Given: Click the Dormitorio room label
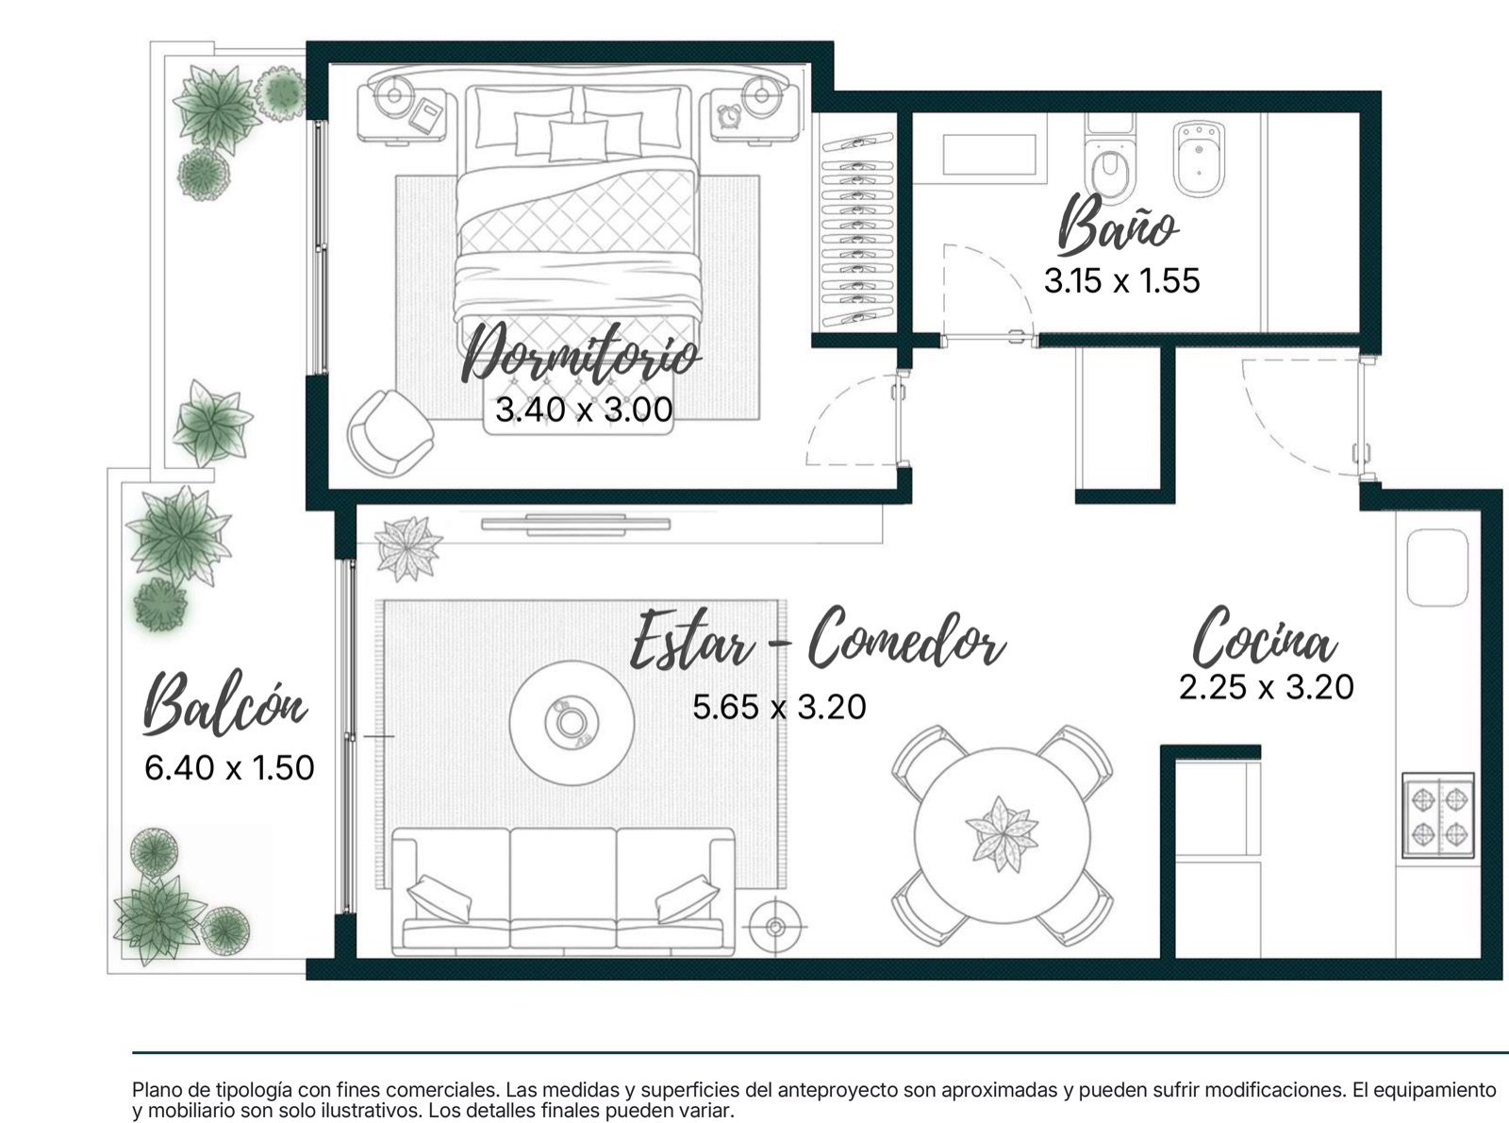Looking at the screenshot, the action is [x=580, y=356].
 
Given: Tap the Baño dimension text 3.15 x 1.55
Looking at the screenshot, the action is [x=1122, y=280].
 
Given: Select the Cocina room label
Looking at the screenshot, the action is [x=1265, y=637].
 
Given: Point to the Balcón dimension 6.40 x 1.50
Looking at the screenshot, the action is [x=229, y=767].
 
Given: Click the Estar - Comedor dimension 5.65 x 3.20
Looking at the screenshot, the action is [x=779, y=706].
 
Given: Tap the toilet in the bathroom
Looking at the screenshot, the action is [x=1110, y=161].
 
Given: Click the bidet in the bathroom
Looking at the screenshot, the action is [x=1199, y=158].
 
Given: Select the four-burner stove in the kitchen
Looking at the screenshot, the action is [x=1438, y=814].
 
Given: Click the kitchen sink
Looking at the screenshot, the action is [x=1437, y=568].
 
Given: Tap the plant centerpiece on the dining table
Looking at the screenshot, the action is [x=1002, y=833].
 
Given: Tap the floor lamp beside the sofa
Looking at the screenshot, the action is [x=774, y=927].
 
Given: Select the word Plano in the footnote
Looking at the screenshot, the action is [x=154, y=1090].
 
